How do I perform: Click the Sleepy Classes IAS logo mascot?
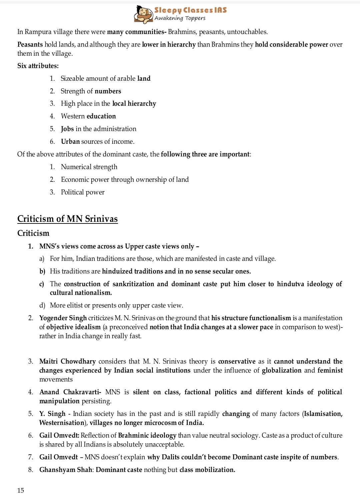143,14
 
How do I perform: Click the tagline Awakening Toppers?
180,18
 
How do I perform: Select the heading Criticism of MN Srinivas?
67,219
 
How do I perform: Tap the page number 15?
21,490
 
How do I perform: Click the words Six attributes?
38,66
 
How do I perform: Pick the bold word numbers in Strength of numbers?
108,91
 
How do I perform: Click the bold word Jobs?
67,129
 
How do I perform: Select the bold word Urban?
70,141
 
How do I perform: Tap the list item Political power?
83,192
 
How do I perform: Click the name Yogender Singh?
63,318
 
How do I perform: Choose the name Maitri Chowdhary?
67,361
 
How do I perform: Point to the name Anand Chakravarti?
70,392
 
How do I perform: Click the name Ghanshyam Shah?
66,470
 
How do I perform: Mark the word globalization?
282,370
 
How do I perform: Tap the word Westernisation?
62,423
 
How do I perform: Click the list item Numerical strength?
89,167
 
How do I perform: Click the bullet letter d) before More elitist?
42,305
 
